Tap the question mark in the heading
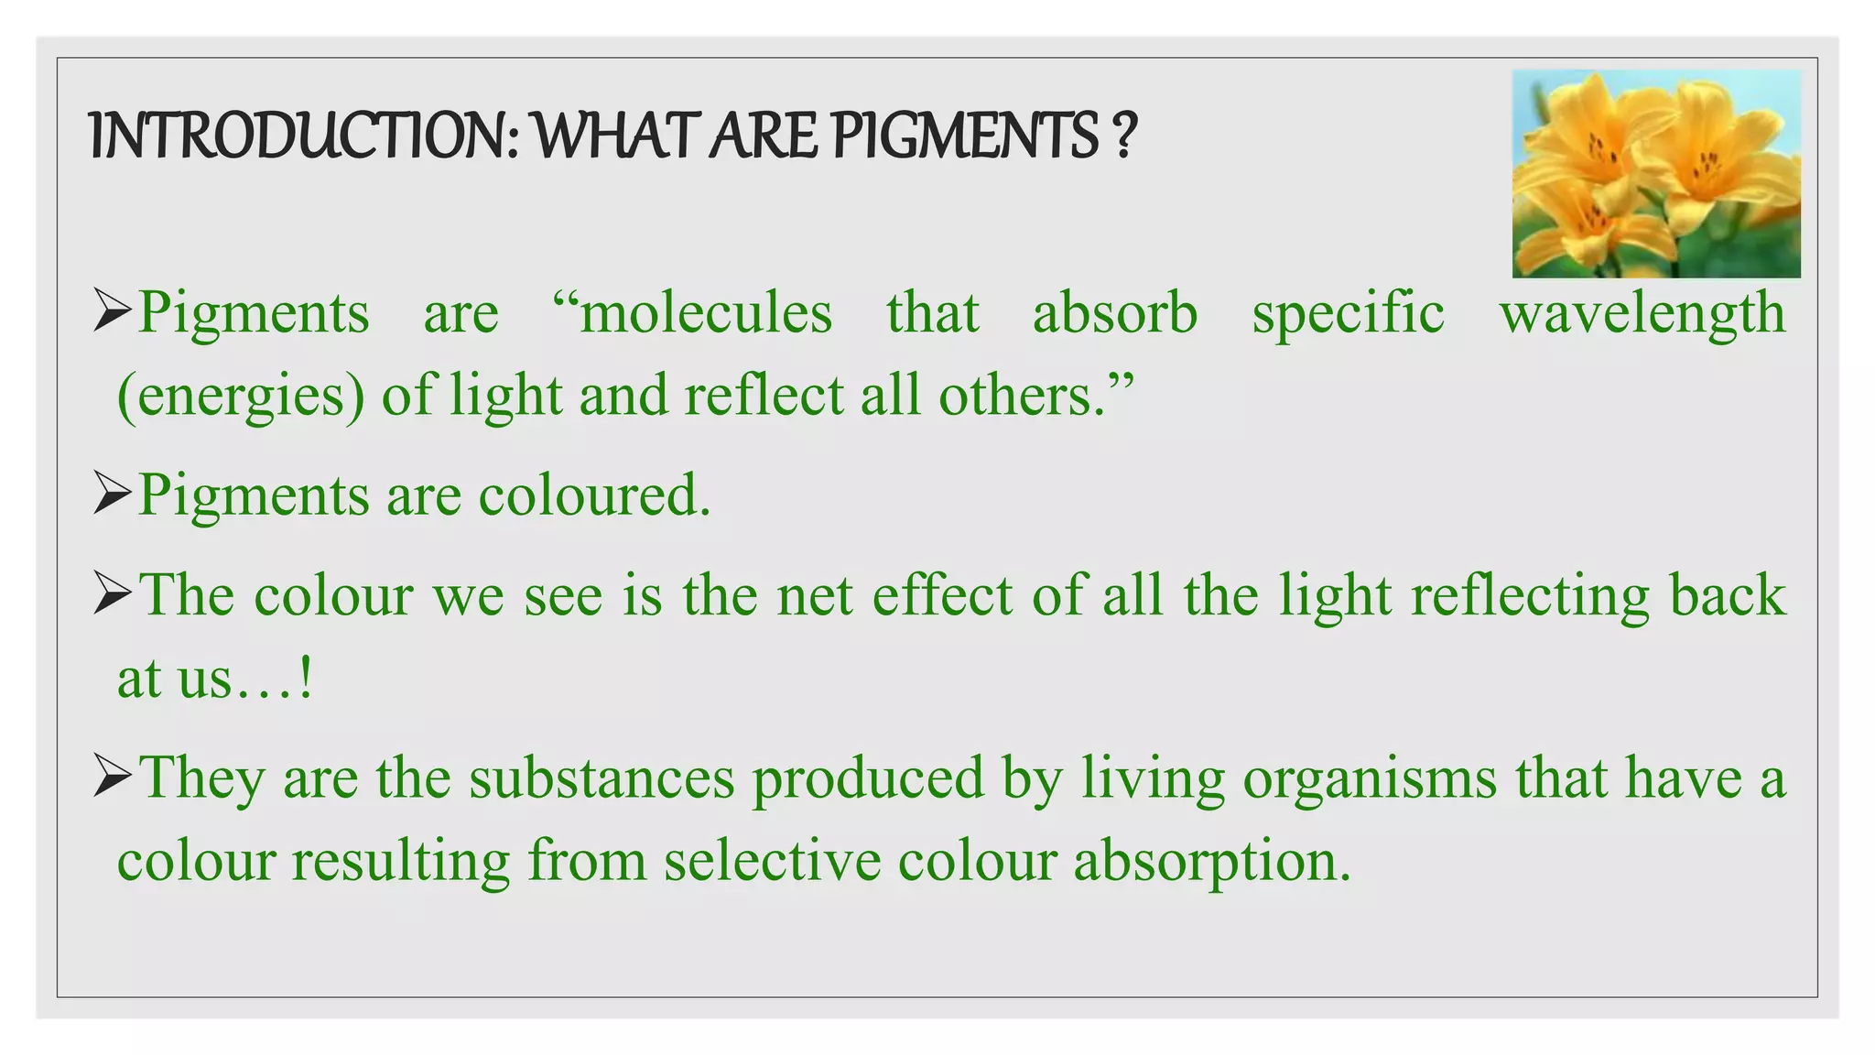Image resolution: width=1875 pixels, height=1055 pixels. [1125, 136]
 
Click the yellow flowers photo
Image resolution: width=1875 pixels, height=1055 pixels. [1655, 174]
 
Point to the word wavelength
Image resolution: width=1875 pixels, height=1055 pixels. [1642, 314]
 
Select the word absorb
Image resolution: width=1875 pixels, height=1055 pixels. [1114, 314]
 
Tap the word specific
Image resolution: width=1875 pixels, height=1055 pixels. [1348, 314]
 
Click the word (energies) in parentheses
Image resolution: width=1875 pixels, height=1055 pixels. [241, 397]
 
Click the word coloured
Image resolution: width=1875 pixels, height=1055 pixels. [594, 495]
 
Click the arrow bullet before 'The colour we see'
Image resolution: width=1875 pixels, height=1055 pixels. [114, 594]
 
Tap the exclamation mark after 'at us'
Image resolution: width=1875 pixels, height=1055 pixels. [306, 679]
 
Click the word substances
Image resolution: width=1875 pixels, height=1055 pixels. [602, 778]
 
